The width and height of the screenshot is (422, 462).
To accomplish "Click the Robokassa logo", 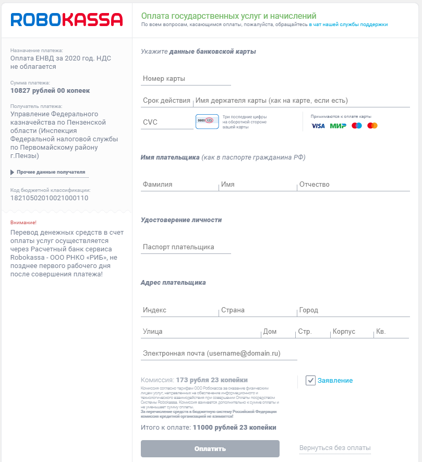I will (67, 19).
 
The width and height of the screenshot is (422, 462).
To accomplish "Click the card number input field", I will (186, 79).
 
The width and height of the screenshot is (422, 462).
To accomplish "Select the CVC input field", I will (167, 123).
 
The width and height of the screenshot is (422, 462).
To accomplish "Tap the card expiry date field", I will (166, 101).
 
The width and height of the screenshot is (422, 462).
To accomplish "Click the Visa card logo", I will (318, 126).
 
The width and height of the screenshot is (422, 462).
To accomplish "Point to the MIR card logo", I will (338, 126).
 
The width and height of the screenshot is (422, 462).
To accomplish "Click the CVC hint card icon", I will (207, 121).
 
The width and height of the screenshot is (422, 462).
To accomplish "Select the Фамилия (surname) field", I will (179, 185).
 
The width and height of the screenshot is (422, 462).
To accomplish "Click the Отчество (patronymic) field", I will (353, 185).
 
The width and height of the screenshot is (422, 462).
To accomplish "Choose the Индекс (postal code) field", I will (179, 310).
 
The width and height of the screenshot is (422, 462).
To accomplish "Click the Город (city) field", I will (353, 310).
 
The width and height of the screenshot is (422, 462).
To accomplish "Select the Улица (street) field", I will (200, 332).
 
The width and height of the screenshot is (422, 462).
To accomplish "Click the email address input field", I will (219, 354).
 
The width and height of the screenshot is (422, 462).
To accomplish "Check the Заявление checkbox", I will (311, 381).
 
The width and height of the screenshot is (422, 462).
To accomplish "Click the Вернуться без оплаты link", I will (335, 448).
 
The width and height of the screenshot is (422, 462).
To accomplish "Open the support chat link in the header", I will (348, 25).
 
